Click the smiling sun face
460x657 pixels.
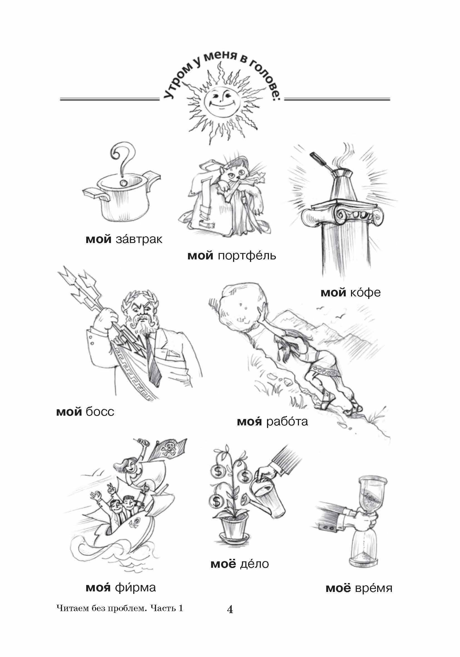(221, 99)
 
